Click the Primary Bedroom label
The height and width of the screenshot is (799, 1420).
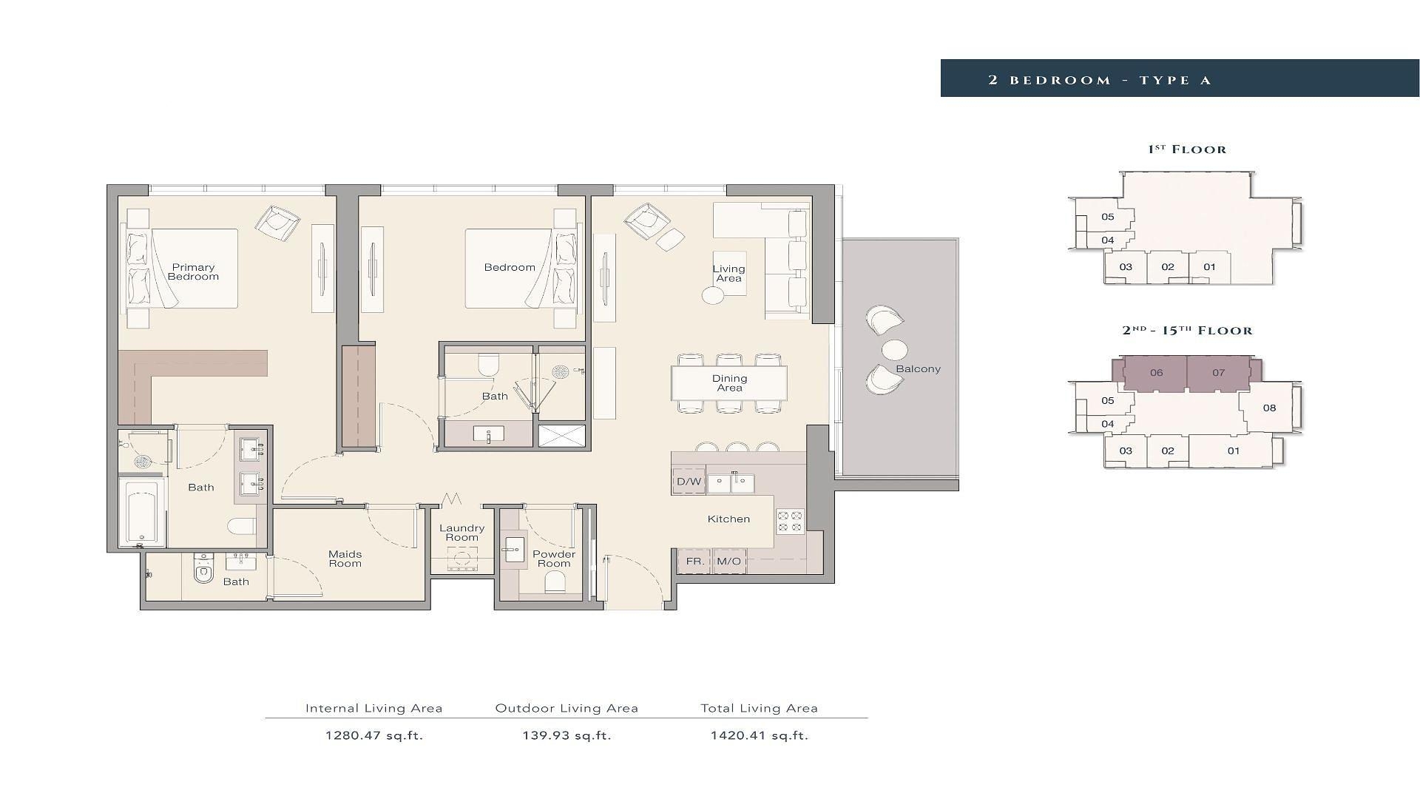point(193,272)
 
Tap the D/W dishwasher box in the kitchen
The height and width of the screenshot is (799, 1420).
point(689,482)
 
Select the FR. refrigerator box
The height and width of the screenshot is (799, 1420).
point(694,562)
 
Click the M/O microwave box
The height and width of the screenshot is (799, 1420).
point(728,562)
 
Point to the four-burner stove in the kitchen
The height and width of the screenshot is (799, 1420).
point(790,522)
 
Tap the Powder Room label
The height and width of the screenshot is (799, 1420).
point(554,559)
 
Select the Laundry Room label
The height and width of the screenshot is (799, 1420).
point(461,533)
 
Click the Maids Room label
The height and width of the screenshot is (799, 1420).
point(345,559)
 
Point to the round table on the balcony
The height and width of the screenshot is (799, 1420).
point(895,349)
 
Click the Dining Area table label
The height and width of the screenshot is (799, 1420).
point(729,383)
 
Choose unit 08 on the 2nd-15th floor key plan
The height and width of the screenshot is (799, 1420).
point(1269,408)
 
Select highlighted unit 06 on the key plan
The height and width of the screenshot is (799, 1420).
point(1156,373)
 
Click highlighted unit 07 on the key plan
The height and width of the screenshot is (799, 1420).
point(1219,373)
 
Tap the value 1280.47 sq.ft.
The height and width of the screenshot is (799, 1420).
point(374,735)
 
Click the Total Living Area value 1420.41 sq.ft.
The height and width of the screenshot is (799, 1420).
point(760,735)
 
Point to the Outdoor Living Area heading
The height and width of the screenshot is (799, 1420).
point(567,708)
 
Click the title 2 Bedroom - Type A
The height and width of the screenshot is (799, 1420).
point(1100,80)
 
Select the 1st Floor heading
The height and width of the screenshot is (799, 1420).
point(1187,149)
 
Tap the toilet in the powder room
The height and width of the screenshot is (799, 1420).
point(555,583)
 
